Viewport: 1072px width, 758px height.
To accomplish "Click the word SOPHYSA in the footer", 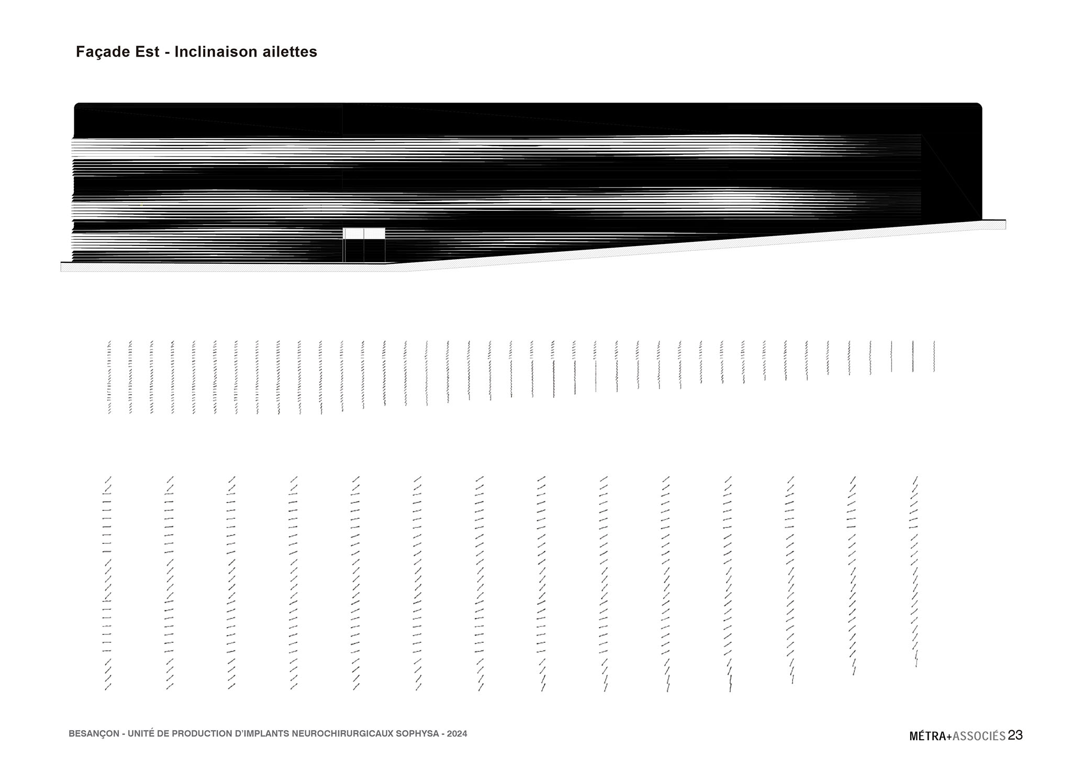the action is [x=417, y=734].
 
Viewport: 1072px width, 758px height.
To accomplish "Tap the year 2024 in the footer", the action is [x=457, y=734].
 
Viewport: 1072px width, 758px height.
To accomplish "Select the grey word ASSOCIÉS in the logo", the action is [x=979, y=736].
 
